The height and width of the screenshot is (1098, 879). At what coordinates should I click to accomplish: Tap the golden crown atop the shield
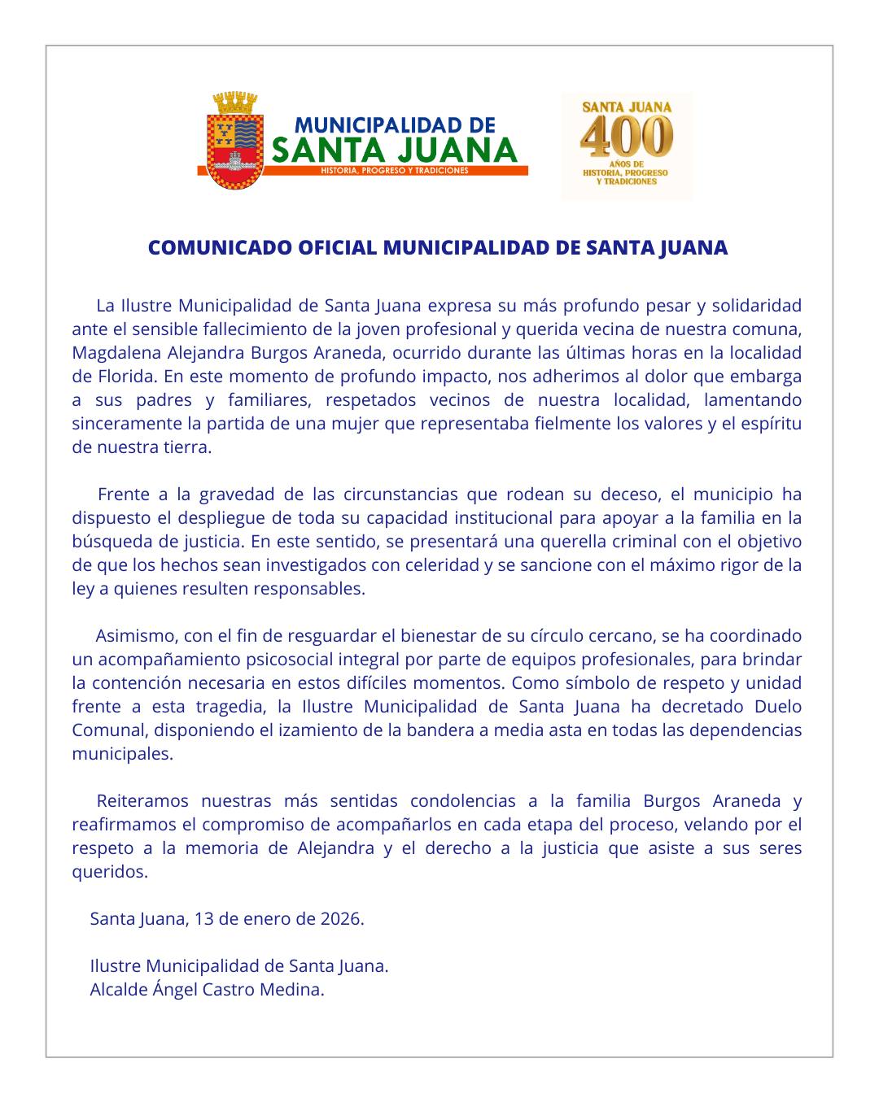(x=234, y=104)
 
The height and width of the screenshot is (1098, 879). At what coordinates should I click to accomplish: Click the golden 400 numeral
(x=627, y=136)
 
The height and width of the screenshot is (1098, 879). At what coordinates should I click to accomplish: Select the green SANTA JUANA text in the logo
(x=395, y=150)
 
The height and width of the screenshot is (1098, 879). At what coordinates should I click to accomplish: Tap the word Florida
(x=128, y=377)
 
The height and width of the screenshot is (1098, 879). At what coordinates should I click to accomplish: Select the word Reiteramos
(x=142, y=801)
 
